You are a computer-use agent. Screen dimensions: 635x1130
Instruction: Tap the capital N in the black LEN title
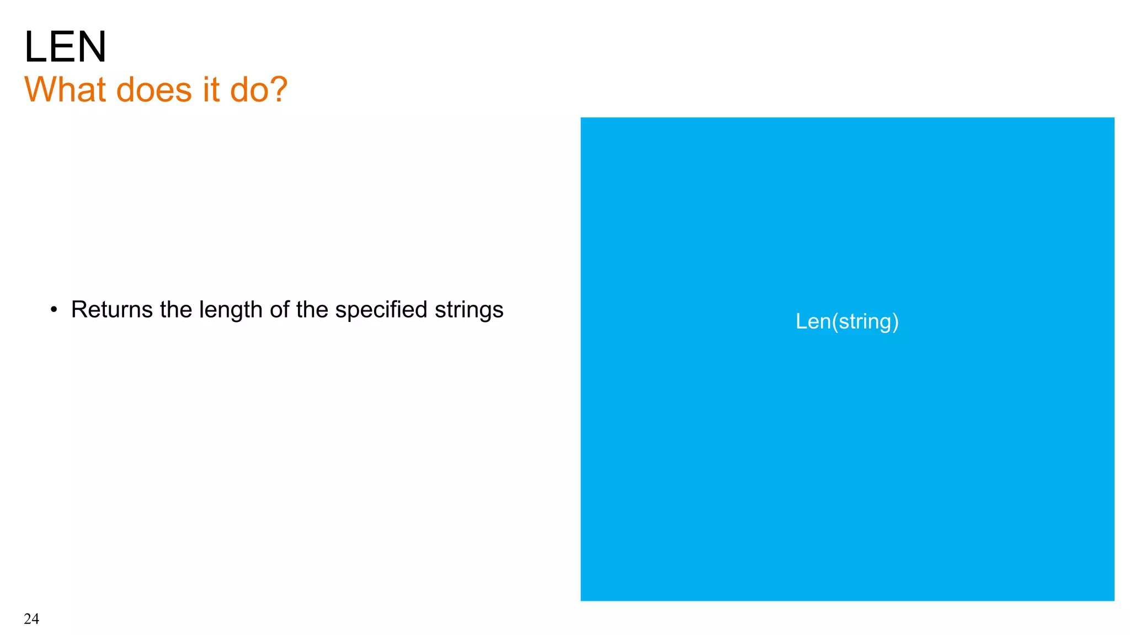click(90, 47)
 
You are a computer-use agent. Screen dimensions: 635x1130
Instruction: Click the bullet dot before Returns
click(54, 310)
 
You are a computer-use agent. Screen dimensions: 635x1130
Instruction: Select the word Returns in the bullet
click(111, 310)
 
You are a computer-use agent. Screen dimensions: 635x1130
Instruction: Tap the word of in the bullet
click(280, 310)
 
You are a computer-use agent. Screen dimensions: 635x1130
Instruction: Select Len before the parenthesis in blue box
click(813, 321)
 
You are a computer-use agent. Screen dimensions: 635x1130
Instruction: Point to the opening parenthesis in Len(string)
click(835, 322)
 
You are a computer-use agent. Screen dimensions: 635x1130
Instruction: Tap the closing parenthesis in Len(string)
click(896, 322)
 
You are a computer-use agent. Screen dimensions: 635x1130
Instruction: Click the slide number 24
click(31, 618)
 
